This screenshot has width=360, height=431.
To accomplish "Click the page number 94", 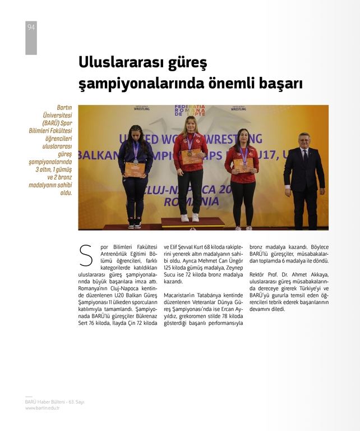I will tap(31, 27).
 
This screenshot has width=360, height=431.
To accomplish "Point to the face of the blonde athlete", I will tap(190, 125).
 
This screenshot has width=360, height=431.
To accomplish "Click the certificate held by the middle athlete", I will tap(191, 157).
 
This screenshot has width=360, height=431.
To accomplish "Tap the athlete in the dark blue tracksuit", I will tap(135, 174).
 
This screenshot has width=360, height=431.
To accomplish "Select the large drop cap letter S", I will tap(86, 255).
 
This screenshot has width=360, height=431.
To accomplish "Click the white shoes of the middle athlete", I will tap(190, 217).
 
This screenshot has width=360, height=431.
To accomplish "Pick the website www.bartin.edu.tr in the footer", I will tap(42, 408).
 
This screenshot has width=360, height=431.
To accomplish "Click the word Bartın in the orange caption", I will tap(64, 107).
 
